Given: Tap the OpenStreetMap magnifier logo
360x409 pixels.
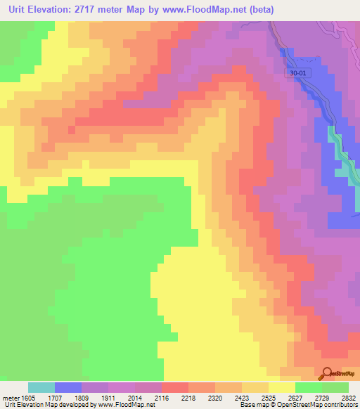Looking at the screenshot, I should [326, 373].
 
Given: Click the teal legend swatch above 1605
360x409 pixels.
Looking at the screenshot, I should [41, 387].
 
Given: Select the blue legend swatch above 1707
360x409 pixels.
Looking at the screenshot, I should [68, 387].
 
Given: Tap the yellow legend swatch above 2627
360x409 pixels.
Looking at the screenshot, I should [282, 387].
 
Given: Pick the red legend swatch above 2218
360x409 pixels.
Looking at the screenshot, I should [175, 387].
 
